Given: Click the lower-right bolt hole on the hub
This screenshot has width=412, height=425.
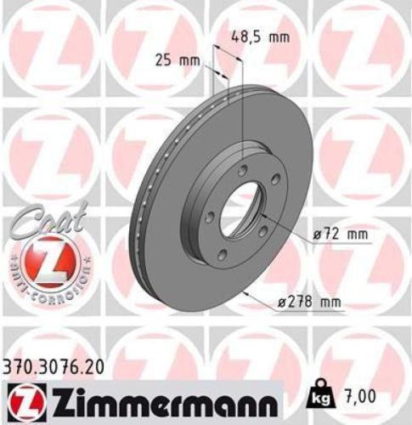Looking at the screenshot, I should coord(262,231).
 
